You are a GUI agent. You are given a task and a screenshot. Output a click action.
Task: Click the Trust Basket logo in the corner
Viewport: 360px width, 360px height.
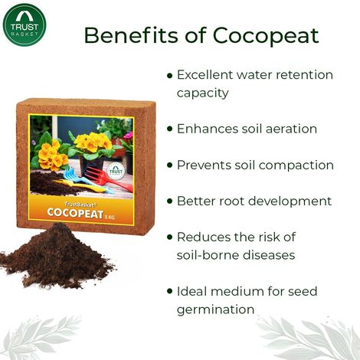(x=25, y=25)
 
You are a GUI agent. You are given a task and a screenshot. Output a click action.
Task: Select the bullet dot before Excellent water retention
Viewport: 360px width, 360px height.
(x=169, y=76)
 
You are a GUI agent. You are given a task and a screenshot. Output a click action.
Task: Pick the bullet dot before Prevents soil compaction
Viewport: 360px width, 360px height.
(x=169, y=165)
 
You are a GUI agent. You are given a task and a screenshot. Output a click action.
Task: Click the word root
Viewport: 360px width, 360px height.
(x=235, y=201)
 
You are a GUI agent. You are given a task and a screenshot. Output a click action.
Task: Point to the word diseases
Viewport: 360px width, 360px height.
(x=273, y=254)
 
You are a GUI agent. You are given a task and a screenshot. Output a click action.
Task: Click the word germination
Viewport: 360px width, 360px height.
(x=215, y=309)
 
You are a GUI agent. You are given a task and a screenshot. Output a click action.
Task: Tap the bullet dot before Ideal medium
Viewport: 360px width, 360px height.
(x=169, y=292)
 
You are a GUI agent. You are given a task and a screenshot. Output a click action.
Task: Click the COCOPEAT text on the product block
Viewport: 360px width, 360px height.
(x=76, y=214)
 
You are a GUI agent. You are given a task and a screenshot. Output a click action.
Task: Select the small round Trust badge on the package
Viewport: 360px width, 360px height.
(x=116, y=172)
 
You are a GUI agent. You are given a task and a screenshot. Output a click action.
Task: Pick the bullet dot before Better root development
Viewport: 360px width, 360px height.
(x=169, y=202)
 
